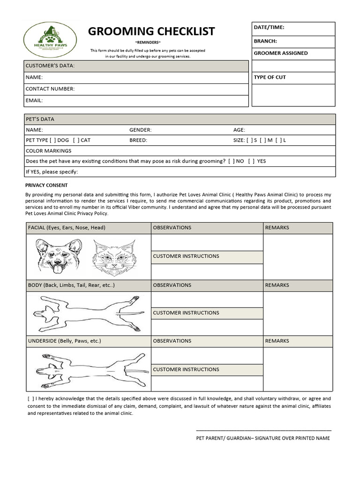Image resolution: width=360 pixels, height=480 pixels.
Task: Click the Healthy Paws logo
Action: (x=52, y=40)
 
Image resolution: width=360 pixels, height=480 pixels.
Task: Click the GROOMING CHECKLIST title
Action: (x=151, y=31)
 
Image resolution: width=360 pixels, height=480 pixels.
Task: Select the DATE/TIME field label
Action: (x=269, y=28)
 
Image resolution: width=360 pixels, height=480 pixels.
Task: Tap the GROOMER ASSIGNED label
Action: (x=281, y=53)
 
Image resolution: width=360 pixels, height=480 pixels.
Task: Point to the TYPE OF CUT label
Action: (x=270, y=77)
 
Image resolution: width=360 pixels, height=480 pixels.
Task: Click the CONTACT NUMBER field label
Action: (x=50, y=89)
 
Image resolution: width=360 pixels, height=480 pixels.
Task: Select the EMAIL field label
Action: (x=34, y=100)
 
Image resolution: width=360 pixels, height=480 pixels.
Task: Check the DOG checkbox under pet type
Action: (x=52, y=140)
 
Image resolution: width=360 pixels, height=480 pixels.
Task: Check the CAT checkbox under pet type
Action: (x=76, y=140)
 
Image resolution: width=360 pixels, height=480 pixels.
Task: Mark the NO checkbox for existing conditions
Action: (x=231, y=161)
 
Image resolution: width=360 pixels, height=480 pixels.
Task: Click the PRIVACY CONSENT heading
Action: (x=46, y=185)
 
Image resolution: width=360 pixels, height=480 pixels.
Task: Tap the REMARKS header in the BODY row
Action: (x=277, y=285)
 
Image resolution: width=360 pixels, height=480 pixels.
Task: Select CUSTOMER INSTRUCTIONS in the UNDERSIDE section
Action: (x=186, y=369)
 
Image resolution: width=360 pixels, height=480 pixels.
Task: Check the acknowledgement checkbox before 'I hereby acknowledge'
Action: (x=30, y=398)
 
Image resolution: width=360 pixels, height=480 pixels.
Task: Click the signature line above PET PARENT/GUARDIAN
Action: (x=263, y=430)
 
